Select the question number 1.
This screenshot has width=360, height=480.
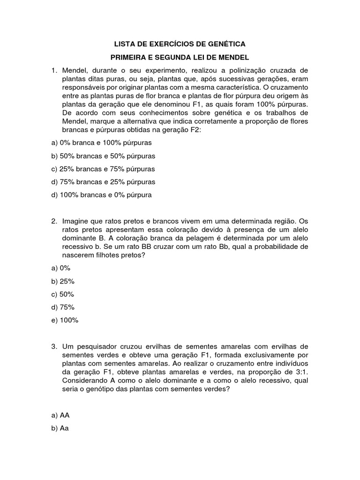point(54,70)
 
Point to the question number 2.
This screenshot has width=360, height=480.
point(54,221)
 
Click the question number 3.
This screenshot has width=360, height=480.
point(54,346)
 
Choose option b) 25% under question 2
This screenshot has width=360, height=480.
point(63,281)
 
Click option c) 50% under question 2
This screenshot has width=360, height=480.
point(63,294)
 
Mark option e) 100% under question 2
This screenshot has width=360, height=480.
point(65,321)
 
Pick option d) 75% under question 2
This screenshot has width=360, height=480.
point(63,307)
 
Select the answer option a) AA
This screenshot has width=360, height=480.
point(60,415)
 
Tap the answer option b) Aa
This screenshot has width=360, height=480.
point(60,428)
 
